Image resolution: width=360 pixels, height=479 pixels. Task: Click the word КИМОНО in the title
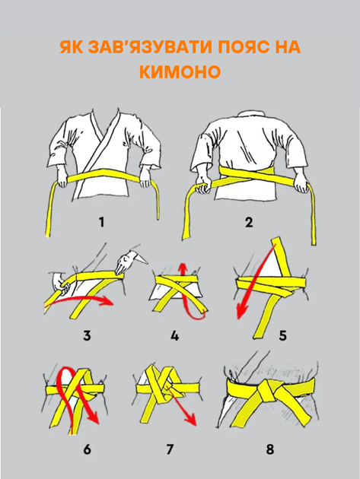click(x=180, y=72)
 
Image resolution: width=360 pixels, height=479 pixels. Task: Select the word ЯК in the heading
click(x=72, y=47)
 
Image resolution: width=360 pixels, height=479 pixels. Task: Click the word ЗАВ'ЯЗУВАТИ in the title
click(x=143, y=47)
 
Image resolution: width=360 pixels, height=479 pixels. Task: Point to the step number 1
click(x=102, y=222)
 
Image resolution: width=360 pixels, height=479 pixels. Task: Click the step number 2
click(x=249, y=222)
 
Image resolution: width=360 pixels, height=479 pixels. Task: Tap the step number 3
click(x=88, y=335)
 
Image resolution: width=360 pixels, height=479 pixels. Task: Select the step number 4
click(x=174, y=335)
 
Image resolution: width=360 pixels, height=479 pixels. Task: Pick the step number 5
click(x=283, y=335)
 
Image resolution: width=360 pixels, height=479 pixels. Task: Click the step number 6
click(x=88, y=449)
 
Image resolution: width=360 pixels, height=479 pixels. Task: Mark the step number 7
click(x=170, y=449)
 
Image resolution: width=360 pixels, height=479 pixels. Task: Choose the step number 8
click(x=269, y=449)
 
